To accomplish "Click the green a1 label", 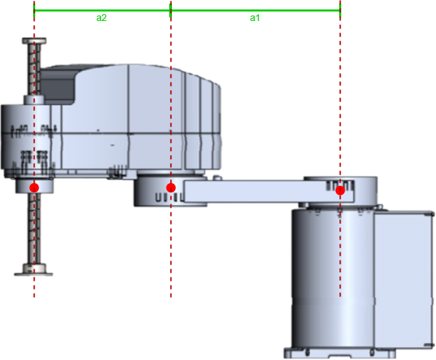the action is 255,18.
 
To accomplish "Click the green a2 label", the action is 102,18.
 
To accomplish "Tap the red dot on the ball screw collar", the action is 35,187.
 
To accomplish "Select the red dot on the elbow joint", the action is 171,187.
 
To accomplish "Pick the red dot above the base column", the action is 340,190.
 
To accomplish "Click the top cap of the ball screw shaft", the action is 35,41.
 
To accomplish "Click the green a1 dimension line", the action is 255,11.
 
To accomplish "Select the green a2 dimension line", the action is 102,11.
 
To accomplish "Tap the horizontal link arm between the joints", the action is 269,192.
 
